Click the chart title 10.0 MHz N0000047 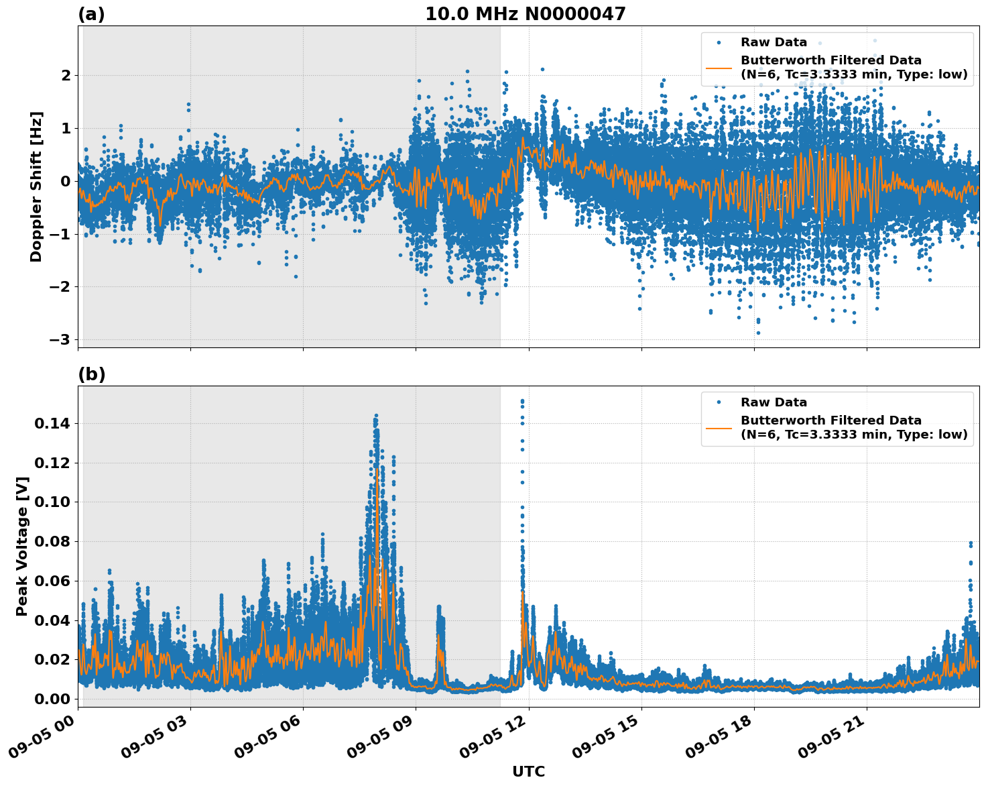525,14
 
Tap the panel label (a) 91,14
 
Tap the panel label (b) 91,374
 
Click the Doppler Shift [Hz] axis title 36,186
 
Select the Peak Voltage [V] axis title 22,546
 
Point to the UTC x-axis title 528,771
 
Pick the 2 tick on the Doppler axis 66,75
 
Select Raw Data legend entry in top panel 774,42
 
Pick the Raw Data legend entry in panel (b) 774,402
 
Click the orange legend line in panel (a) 719,67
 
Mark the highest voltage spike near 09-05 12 522,401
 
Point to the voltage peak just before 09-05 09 376,416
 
